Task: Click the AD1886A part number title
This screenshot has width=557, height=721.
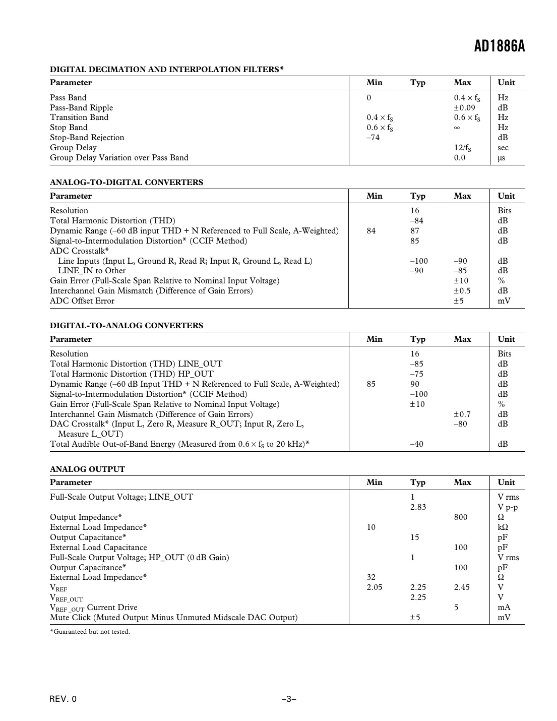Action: [x=499, y=47]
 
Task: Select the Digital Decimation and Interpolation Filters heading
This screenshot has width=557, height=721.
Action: [x=166, y=69]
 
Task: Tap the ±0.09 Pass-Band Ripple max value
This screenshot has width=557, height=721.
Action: [x=464, y=107]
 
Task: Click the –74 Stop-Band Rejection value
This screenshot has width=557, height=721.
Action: [x=373, y=138]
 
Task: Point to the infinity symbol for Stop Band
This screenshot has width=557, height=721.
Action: [x=457, y=128]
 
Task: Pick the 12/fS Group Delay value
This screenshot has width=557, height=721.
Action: [x=462, y=148]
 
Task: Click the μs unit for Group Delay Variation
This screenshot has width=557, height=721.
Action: [x=501, y=158]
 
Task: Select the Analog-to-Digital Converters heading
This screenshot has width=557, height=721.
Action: [x=127, y=183]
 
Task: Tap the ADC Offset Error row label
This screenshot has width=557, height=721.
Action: [x=82, y=301]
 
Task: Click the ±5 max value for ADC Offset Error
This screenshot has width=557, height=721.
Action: [x=458, y=301]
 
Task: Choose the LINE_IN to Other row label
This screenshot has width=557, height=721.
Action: [x=92, y=271]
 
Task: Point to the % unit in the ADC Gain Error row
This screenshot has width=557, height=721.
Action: [x=501, y=281]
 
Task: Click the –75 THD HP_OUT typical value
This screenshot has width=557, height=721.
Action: [x=416, y=374]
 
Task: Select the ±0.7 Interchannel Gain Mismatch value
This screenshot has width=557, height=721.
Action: [x=462, y=414]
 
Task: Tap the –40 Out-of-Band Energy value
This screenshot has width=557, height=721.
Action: [x=416, y=444]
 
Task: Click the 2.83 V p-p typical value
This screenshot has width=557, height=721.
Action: [x=418, y=507]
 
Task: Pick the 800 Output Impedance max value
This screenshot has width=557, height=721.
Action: [x=460, y=517]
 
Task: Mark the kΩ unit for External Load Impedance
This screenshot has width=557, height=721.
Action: [x=503, y=527]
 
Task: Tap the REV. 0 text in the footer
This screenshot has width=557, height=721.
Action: [x=64, y=699]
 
